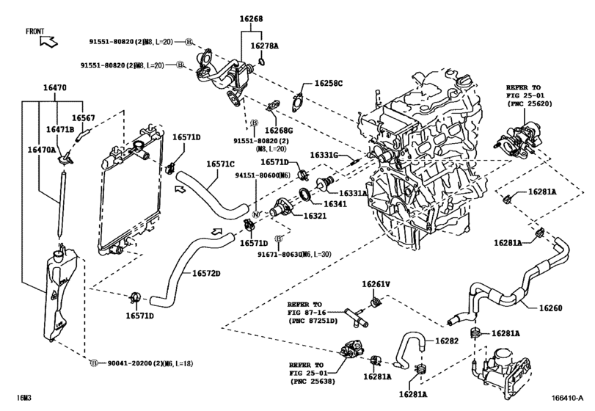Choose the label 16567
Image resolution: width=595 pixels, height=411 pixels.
click(83, 117)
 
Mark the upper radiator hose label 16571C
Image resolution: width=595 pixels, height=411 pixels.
click(220, 164)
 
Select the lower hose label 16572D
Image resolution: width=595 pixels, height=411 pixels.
click(207, 274)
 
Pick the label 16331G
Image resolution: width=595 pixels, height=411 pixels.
click(323, 155)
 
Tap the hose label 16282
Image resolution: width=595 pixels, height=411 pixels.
click(447, 341)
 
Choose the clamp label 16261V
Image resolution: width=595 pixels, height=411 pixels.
click(376, 284)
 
